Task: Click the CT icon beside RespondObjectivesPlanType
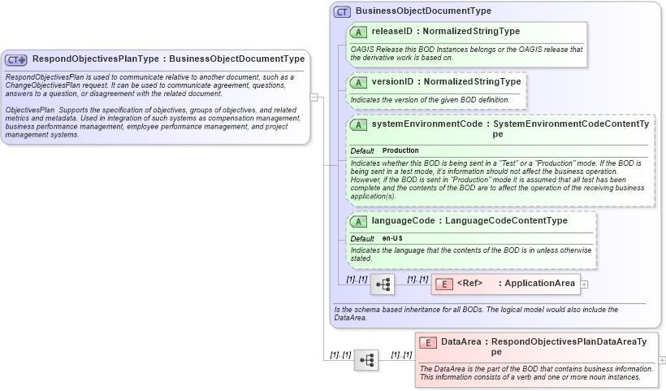click(16, 59)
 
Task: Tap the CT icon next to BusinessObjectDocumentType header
click(343, 12)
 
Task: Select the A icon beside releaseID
click(357, 32)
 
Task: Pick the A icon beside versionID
click(357, 82)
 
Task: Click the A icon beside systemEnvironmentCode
click(357, 125)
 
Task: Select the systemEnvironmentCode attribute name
click(427, 124)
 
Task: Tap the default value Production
click(400, 150)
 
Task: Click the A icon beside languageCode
click(357, 221)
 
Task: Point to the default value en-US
click(392, 238)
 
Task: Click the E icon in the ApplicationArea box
click(444, 284)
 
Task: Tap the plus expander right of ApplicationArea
click(585, 285)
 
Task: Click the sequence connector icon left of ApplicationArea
click(383, 285)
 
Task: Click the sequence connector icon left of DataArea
click(366, 359)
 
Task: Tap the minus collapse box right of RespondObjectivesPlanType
click(314, 97)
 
